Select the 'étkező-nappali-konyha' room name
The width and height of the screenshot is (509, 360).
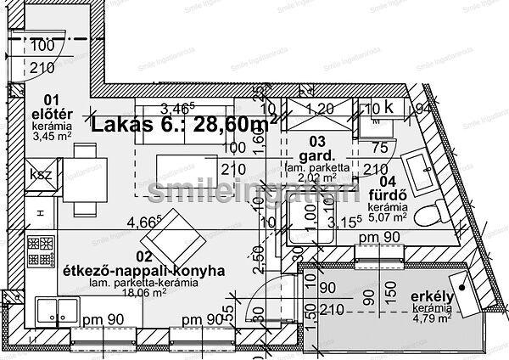pyautogui.click(x=143, y=271)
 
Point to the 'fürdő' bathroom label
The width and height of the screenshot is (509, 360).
pyautogui.click(x=393, y=193)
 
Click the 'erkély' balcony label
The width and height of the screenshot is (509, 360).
pyautogui.click(x=430, y=296)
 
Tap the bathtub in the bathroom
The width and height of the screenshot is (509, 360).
pyautogui.click(x=416, y=167)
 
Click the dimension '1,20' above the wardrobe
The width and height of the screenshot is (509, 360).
pyautogui.click(x=319, y=109)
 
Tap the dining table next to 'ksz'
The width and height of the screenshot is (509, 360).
pyautogui.click(x=83, y=176)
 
